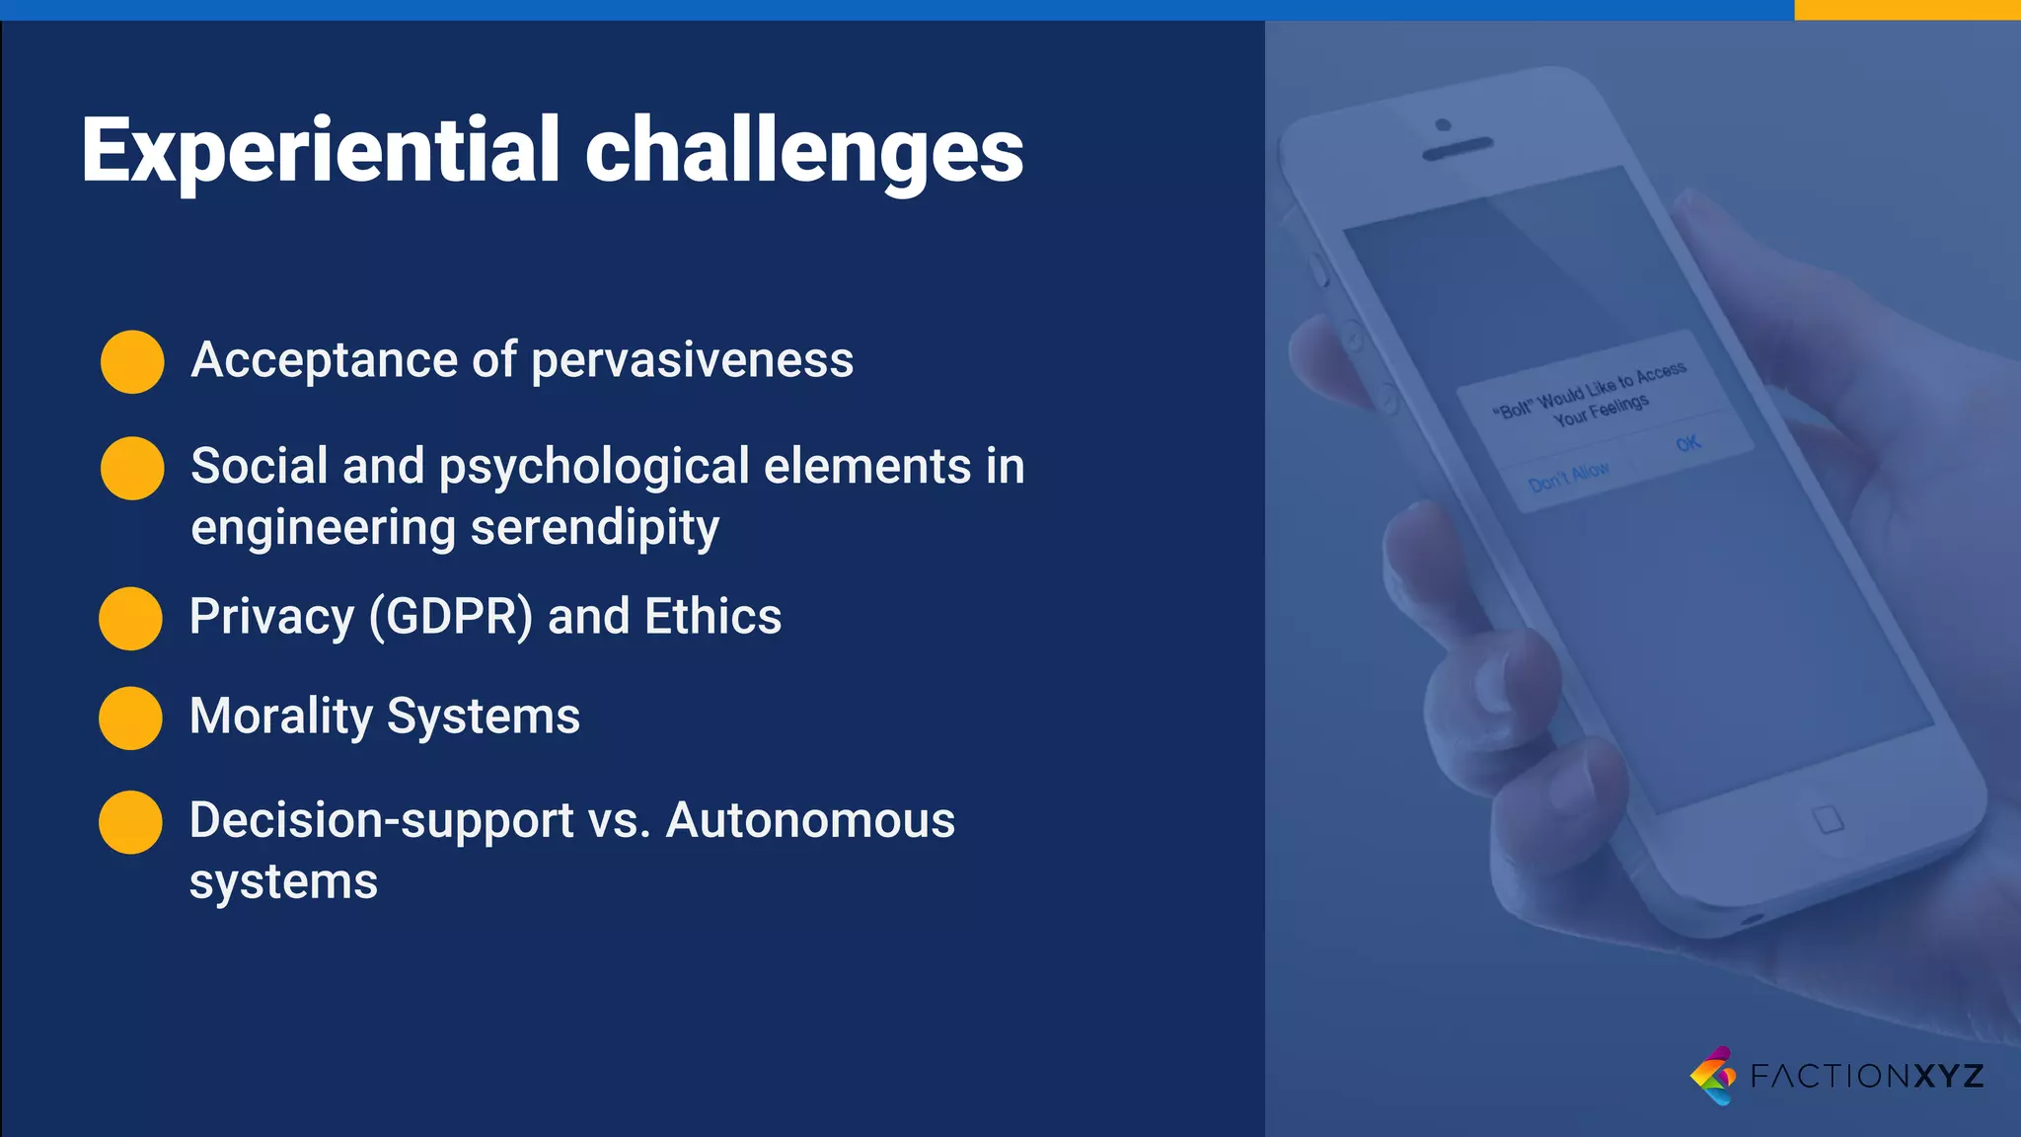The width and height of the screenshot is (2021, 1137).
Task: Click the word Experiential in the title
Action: pyautogui.click(x=321, y=150)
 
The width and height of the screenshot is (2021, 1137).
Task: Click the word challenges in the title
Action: pyautogui.click(x=804, y=150)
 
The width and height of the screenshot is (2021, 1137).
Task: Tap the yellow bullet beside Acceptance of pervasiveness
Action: pyautogui.click(x=132, y=361)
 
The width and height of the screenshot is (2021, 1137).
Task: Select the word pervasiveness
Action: pyautogui.click(x=692, y=360)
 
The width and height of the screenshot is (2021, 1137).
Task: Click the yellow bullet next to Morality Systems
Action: pyautogui.click(x=130, y=718)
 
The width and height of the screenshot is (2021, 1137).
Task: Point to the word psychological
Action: pyautogui.click(x=594, y=467)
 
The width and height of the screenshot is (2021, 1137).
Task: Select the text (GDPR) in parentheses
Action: pyautogui.click(x=451, y=617)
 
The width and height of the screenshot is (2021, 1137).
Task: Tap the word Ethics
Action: pyautogui.click(x=712, y=617)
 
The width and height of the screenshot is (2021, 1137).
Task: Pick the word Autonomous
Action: pyautogui.click(x=810, y=820)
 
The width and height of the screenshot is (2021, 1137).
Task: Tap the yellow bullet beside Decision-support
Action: pyautogui.click(x=130, y=821)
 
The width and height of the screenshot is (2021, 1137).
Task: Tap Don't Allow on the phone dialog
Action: pyautogui.click(x=1568, y=476)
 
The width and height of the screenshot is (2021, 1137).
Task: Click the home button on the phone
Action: pyautogui.click(x=1828, y=819)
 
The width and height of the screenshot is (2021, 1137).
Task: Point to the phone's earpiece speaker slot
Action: pyautogui.click(x=1457, y=149)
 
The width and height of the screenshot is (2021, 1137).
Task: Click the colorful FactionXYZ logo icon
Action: pyautogui.click(x=1713, y=1075)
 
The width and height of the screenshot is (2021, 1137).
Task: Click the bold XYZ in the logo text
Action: pyautogui.click(x=1949, y=1075)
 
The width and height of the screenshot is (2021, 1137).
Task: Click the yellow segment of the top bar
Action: pyautogui.click(x=1907, y=9)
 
